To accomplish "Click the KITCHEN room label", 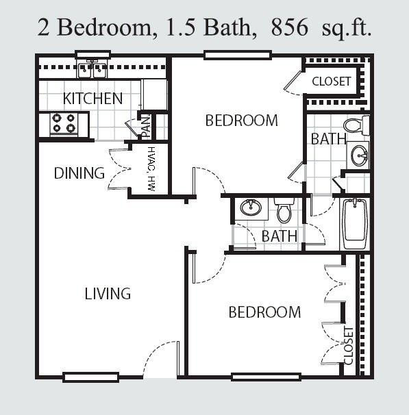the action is pos(92,98).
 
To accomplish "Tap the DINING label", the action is pos(79,173).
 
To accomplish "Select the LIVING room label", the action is pos(108,293).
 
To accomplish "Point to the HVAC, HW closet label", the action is pos(151,169).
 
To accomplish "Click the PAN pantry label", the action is pos(146,127).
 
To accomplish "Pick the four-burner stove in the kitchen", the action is pos(64,123).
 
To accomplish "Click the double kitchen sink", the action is pos(92,70).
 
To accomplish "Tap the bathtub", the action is pos(355,224).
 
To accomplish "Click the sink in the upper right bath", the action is pos(359,155).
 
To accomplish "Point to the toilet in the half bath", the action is pos(284,211).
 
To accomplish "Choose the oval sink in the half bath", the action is pos(251,207).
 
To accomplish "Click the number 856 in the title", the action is pos(290,27).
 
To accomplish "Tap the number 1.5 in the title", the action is pos(180,27).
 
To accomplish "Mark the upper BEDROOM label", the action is pos(241,120).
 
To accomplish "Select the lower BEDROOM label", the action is pos(264,312).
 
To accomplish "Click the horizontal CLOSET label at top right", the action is pos(331,81).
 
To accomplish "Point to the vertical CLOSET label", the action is pos(349,345).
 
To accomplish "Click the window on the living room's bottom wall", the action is pos(90,377).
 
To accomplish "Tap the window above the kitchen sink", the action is pos(92,55).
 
